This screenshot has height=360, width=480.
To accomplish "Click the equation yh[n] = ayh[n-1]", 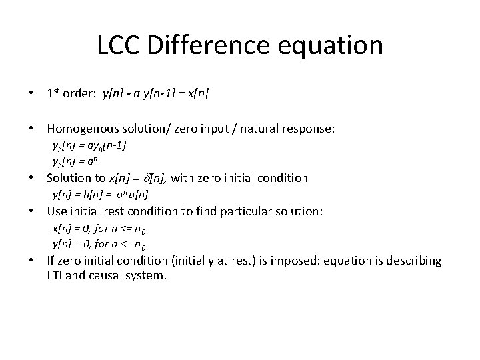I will click(x=90, y=145).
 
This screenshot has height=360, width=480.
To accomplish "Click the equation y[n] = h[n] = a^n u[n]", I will click(x=100, y=195).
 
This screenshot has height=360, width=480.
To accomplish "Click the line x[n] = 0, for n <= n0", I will click(x=105, y=228).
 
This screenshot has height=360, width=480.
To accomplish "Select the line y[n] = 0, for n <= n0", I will click(x=105, y=244).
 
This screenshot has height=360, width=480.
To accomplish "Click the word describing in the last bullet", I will click(x=415, y=261).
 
